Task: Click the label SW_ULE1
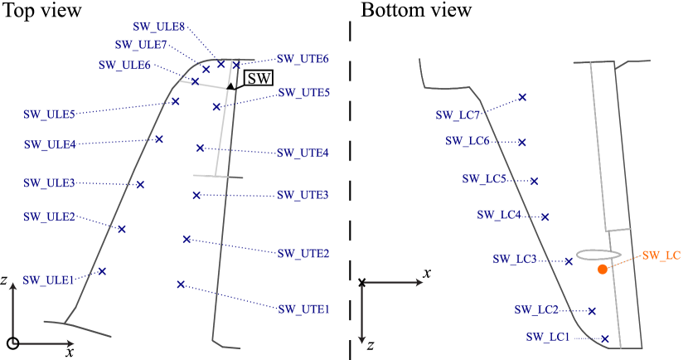point(49,280)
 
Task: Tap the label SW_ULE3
point(49,182)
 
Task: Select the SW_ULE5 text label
point(49,114)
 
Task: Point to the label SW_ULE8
point(159,27)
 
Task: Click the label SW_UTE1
point(303,309)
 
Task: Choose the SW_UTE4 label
point(303,153)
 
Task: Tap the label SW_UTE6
point(303,60)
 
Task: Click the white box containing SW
point(259,78)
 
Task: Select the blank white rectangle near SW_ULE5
point(118,122)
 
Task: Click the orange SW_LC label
point(661,255)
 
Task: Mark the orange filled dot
point(603,269)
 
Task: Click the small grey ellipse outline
point(598,254)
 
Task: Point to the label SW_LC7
point(458,115)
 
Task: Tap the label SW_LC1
point(548,338)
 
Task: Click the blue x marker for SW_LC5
point(534,181)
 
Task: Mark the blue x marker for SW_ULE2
point(121,229)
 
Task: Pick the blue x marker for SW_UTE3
point(196,195)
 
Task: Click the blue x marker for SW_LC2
point(592,311)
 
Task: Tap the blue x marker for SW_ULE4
point(159,139)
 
